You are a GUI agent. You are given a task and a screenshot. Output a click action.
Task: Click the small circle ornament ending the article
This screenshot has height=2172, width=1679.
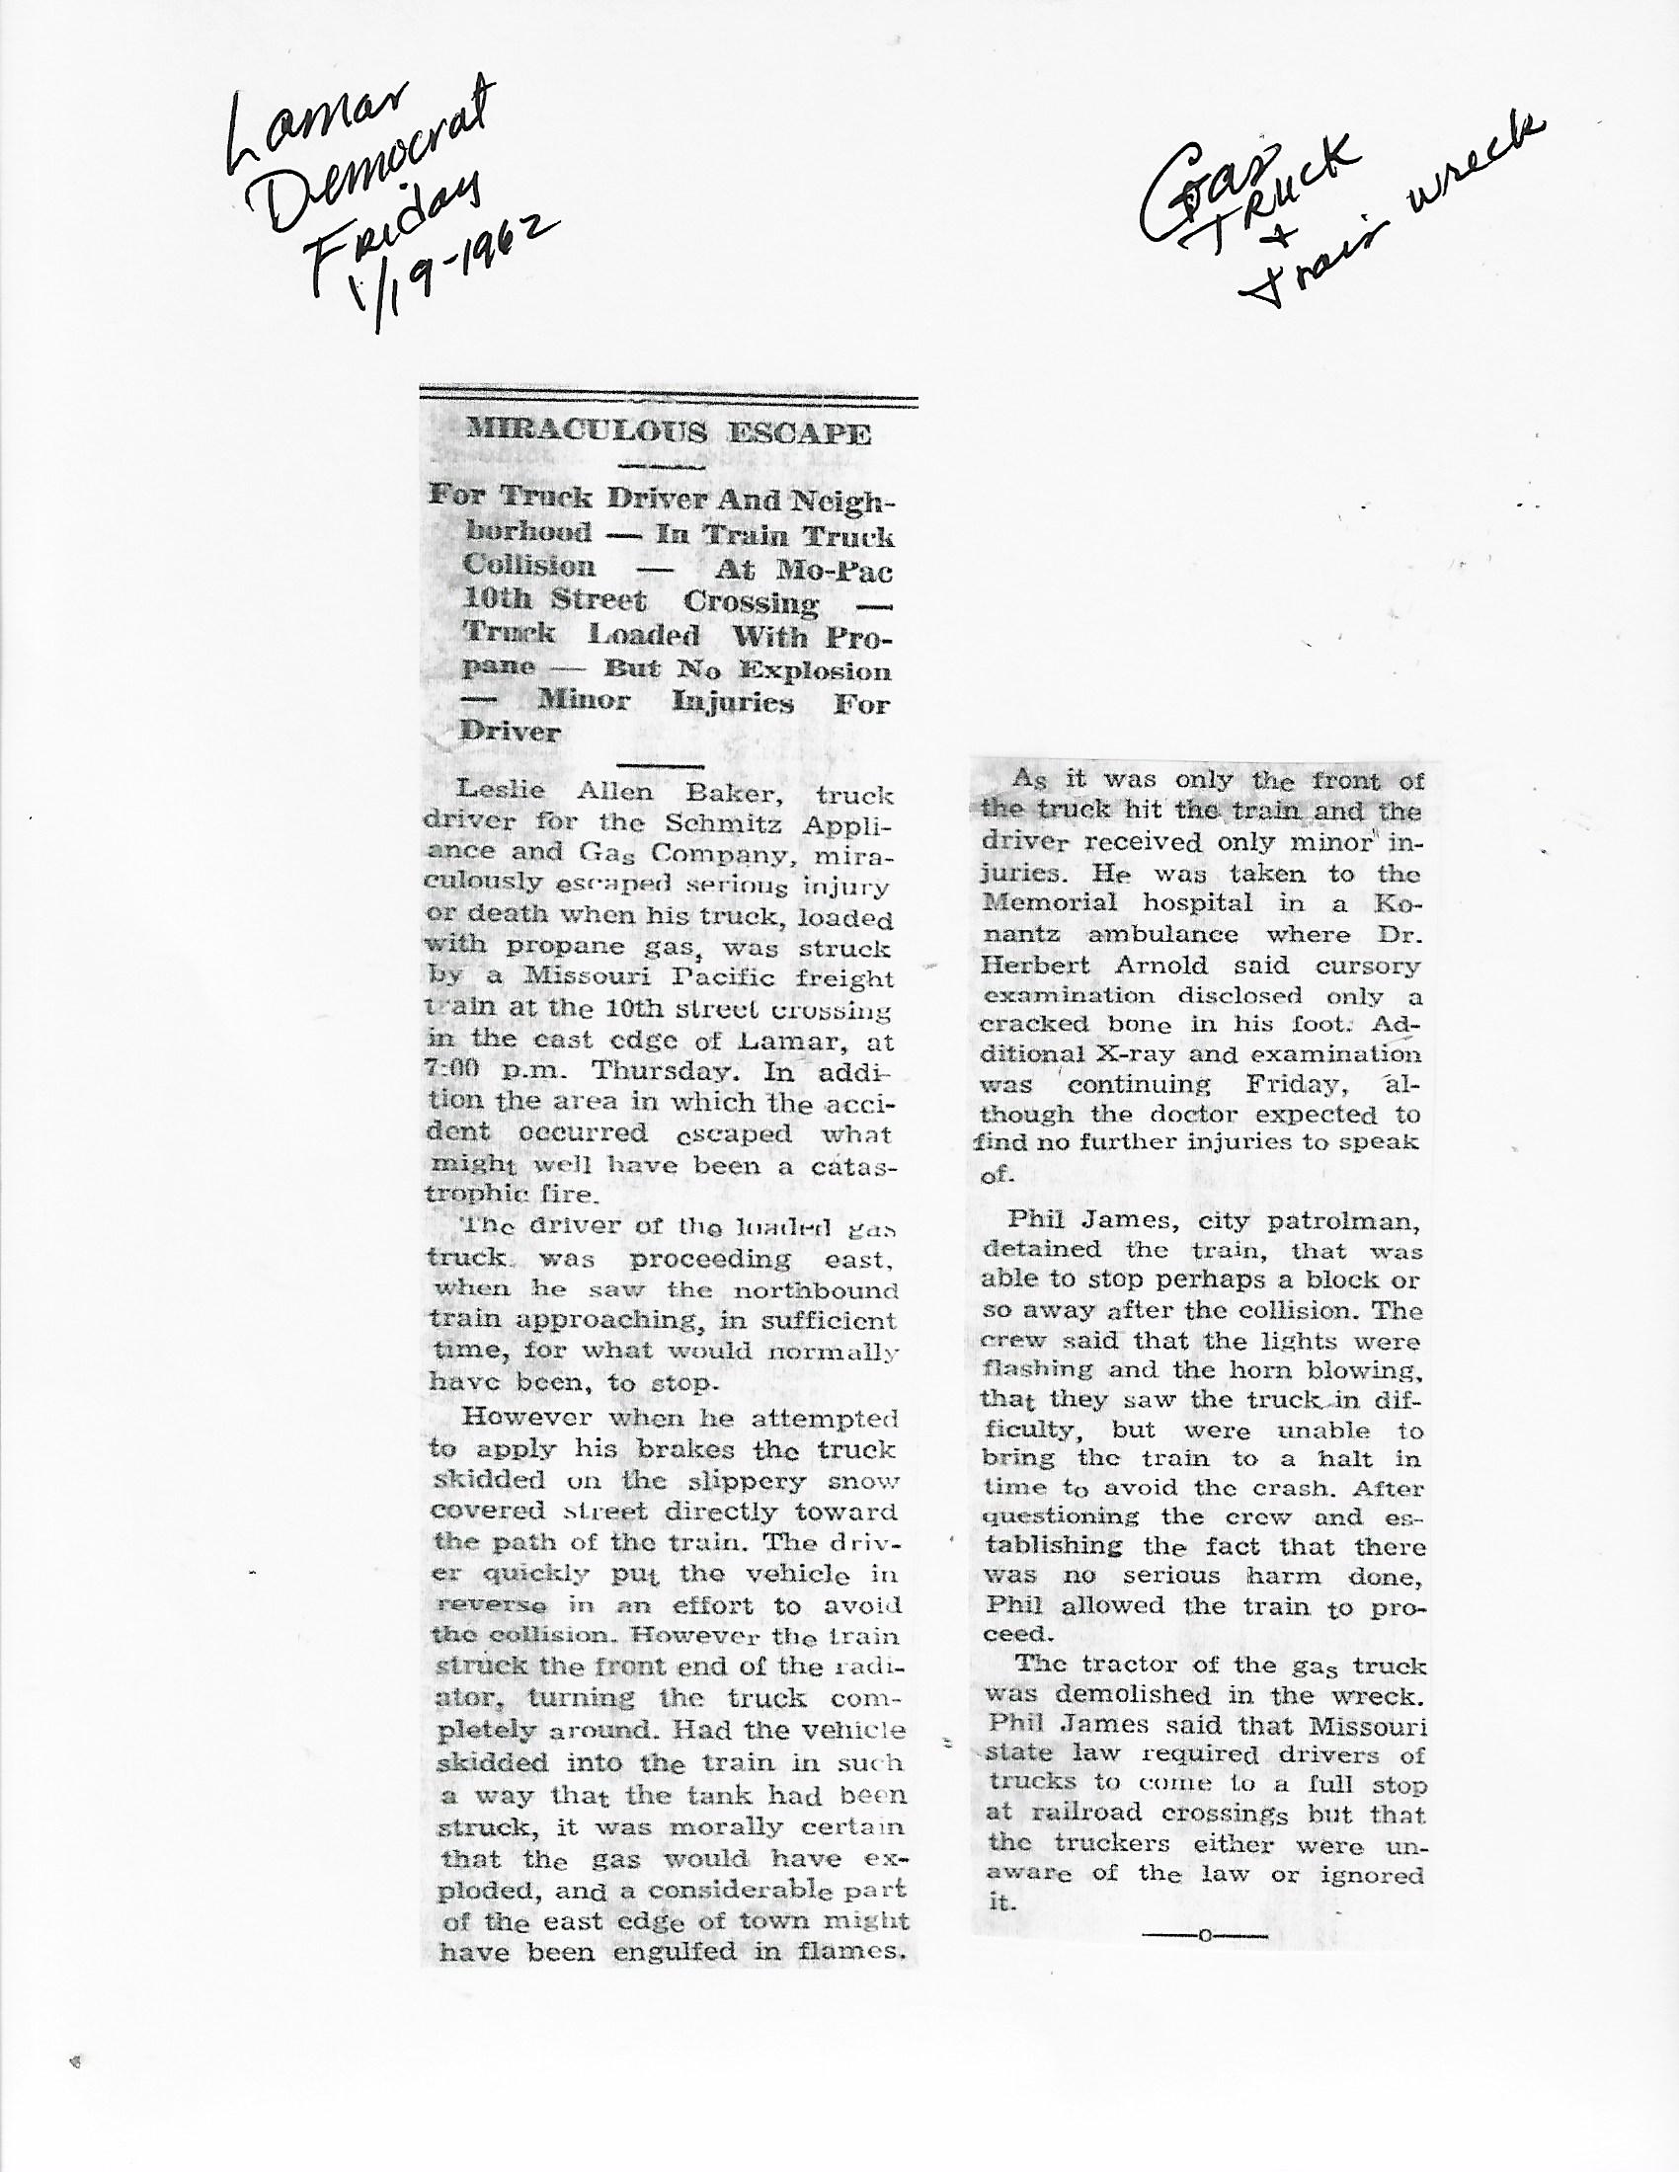[1205, 1935]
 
